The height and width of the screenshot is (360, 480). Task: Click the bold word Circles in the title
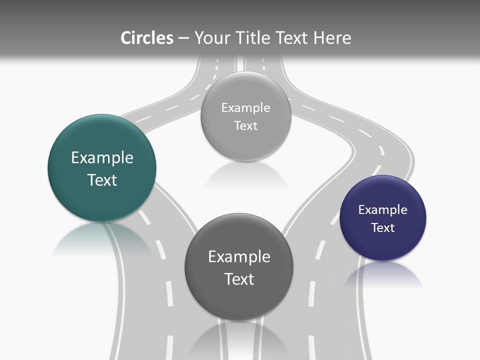(x=147, y=38)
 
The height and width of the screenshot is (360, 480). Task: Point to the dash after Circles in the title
(x=183, y=38)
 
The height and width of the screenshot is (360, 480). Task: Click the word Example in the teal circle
(x=102, y=157)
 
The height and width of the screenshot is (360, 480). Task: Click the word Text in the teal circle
(x=102, y=180)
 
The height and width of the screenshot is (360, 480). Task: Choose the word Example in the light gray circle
(x=245, y=107)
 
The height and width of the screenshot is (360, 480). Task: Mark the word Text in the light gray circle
(x=245, y=125)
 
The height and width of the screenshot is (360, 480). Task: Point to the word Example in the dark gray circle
(x=239, y=256)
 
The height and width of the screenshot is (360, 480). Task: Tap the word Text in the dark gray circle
(x=239, y=279)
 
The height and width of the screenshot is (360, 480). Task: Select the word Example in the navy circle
(x=383, y=209)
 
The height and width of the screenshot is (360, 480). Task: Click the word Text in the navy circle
(x=383, y=227)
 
